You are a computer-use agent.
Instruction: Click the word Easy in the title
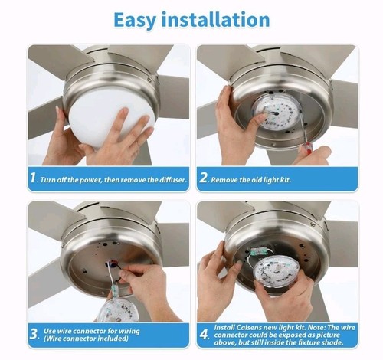click(x=135, y=20)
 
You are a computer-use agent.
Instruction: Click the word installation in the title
click(x=216, y=19)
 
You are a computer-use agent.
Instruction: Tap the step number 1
click(x=33, y=178)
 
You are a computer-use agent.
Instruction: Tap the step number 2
click(x=204, y=178)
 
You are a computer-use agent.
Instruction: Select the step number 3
click(x=34, y=335)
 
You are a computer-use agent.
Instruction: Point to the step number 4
click(x=205, y=335)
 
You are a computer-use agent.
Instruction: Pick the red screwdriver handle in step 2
click(x=306, y=151)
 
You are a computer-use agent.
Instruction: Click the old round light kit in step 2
click(x=276, y=115)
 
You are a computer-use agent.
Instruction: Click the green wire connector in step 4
click(x=258, y=251)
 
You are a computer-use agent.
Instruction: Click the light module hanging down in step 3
click(x=117, y=309)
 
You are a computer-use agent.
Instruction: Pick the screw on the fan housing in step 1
click(x=149, y=80)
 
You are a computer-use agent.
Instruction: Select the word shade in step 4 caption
click(x=334, y=342)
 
